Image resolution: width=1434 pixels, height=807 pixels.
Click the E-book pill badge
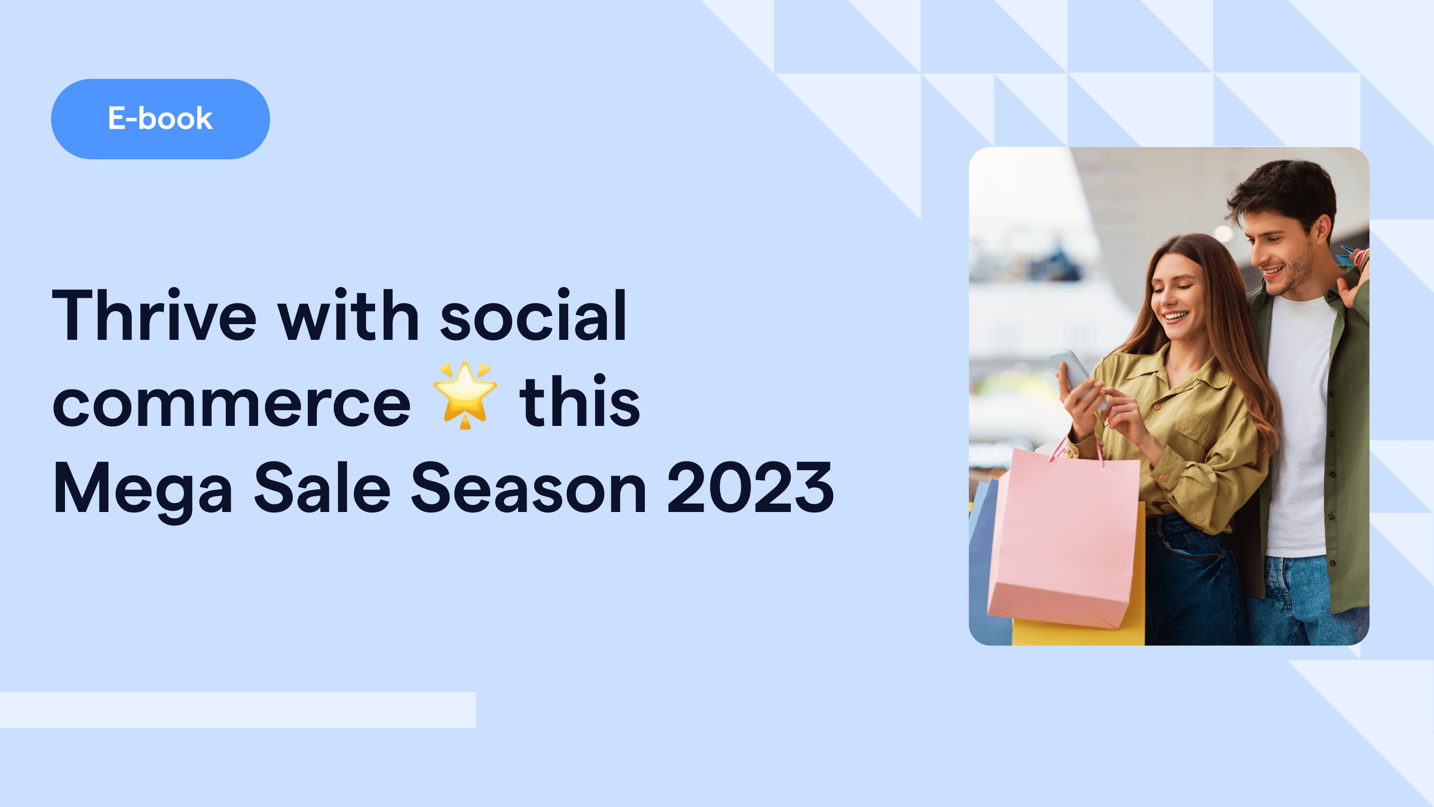point(160,119)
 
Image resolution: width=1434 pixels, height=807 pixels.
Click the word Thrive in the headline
point(154,315)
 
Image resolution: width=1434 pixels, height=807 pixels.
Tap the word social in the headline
point(533,315)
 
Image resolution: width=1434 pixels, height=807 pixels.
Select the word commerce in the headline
point(231,403)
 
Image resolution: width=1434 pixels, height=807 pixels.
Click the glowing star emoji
point(465,395)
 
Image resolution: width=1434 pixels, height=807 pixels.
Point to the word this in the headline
point(579,402)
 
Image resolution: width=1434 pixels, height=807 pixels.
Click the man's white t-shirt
point(1300,423)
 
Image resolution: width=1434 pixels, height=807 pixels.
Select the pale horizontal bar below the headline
point(238,710)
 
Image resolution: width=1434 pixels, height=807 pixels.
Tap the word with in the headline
point(348,315)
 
